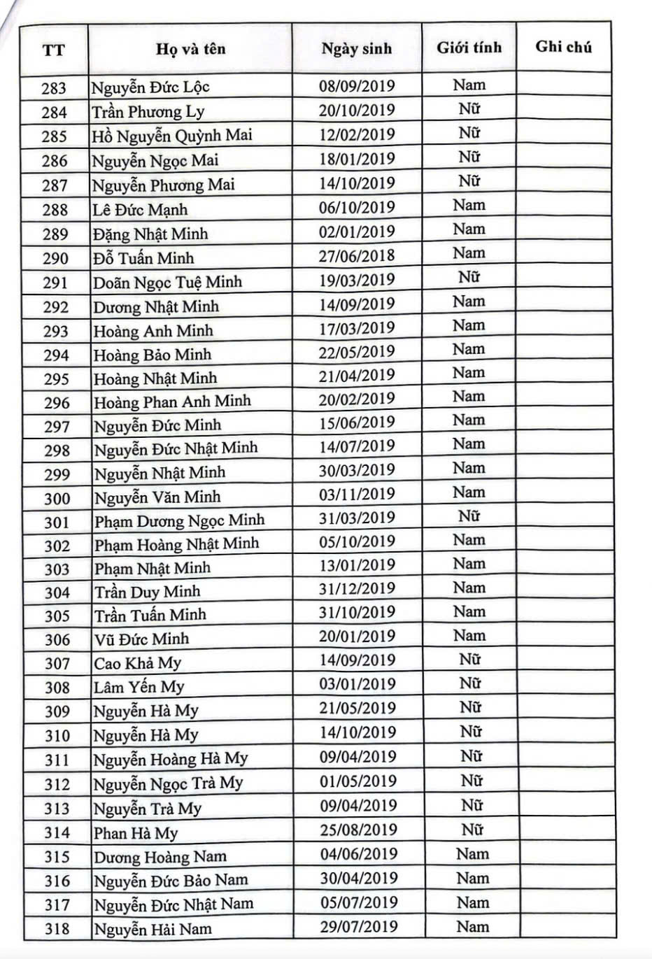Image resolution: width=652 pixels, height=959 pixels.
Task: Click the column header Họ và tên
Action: pyautogui.click(x=190, y=49)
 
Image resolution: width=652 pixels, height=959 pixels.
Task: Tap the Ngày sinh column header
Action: pyautogui.click(x=357, y=49)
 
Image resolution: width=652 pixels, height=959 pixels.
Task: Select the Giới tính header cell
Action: pyautogui.click(x=469, y=48)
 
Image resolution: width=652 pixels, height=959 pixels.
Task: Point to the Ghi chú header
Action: pyautogui.click(x=564, y=47)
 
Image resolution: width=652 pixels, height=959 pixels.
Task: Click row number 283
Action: pyautogui.click(x=54, y=88)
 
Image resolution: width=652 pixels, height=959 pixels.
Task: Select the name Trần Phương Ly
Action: pyautogui.click(x=148, y=111)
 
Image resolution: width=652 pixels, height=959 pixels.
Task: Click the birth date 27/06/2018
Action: pyautogui.click(x=357, y=255)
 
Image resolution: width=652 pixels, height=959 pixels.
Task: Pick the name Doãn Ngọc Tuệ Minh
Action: pyautogui.click(x=168, y=282)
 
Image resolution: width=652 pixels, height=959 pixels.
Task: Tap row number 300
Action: pyautogui.click(x=57, y=498)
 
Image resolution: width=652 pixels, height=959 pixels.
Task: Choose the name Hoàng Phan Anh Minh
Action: pyautogui.click(x=173, y=402)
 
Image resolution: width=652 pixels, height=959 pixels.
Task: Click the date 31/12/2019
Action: pyautogui.click(x=357, y=588)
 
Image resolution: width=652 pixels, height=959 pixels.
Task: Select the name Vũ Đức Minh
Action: pyautogui.click(x=142, y=639)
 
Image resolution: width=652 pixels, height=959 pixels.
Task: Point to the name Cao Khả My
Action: pyautogui.click(x=138, y=663)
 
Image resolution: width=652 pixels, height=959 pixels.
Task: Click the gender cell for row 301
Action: pyautogui.click(x=469, y=516)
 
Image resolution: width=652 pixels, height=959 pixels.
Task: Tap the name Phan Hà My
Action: pyautogui.click(x=136, y=833)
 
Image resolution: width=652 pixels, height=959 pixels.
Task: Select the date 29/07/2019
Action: pyautogui.click(x=359, y=926)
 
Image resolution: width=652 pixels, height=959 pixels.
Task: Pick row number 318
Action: pyautogui.click(x=57, y=928)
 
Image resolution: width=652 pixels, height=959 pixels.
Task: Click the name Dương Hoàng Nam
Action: pyautogui.click(x=160, y=857)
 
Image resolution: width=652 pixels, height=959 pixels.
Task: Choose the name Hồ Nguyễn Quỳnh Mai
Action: pyautogui.click(x=172, y=135)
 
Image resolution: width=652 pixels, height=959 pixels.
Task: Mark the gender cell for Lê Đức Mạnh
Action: pyautogui.click(x=469, y=206)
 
